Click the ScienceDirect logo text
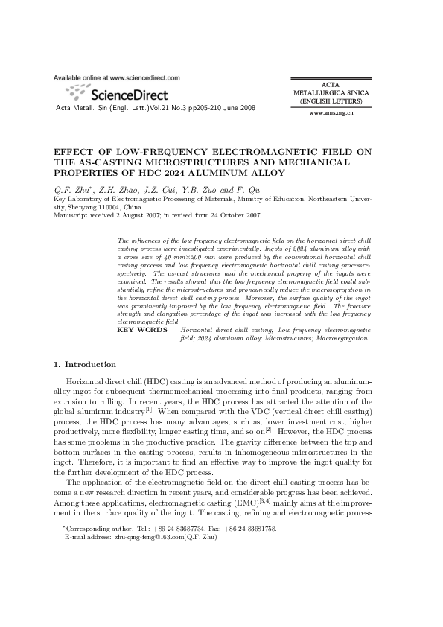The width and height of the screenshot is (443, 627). click(x=128, y=95)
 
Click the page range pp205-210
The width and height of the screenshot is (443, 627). click(x=200, y=108)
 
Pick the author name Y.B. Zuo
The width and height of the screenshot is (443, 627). click(x=206, y=190)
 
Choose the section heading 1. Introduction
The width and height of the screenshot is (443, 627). click(x=85, y=364)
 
